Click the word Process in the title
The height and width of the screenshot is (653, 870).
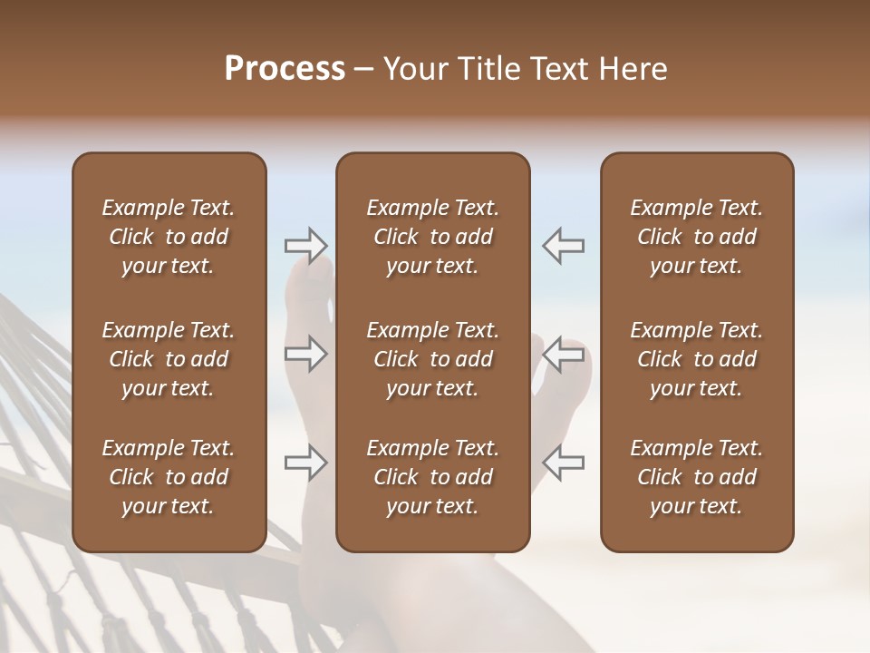[285, 69]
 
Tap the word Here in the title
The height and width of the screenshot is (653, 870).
[633, 69]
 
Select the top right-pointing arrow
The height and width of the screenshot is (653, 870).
[306, 246]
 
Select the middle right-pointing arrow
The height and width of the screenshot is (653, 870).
[306, 354]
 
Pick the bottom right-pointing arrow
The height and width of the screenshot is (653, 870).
[306, 463]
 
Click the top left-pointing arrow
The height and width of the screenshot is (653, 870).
[563, 246]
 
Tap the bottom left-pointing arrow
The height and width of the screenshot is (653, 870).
[563, 463]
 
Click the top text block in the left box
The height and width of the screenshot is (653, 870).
[169, 237]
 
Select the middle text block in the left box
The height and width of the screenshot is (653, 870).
[169, 359]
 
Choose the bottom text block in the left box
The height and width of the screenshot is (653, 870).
[169, 477]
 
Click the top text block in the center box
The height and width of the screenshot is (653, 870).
[432, 237]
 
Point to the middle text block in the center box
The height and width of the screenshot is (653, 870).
[432, 359]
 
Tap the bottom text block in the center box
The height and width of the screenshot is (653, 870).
[432, 477]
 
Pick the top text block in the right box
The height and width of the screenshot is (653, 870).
[696, 237]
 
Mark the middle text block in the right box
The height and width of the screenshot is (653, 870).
[696, 359]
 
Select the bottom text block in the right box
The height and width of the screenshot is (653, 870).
[696, 477]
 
